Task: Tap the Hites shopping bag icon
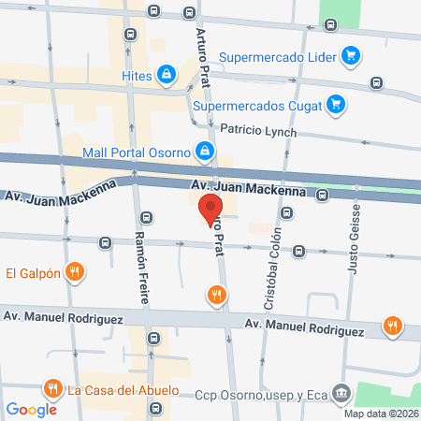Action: pos(166,73)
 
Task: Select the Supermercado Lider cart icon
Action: pos(350,55)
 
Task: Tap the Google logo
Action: pos(32,409)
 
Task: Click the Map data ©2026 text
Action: pos(381,414)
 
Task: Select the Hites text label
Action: pos(136,73)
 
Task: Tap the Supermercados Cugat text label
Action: pos(257,105)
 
